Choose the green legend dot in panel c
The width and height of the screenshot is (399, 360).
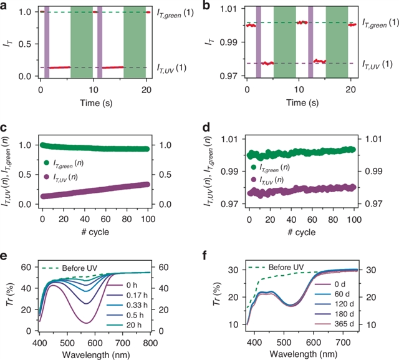pos(46,164)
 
